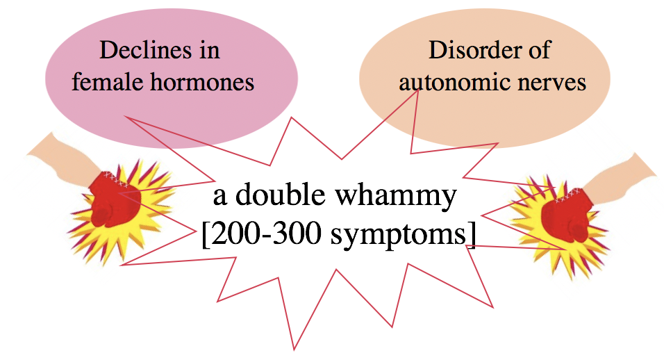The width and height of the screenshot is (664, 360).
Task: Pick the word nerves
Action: click(551, 83)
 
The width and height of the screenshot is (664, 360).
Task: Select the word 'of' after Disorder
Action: click(539, 50)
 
